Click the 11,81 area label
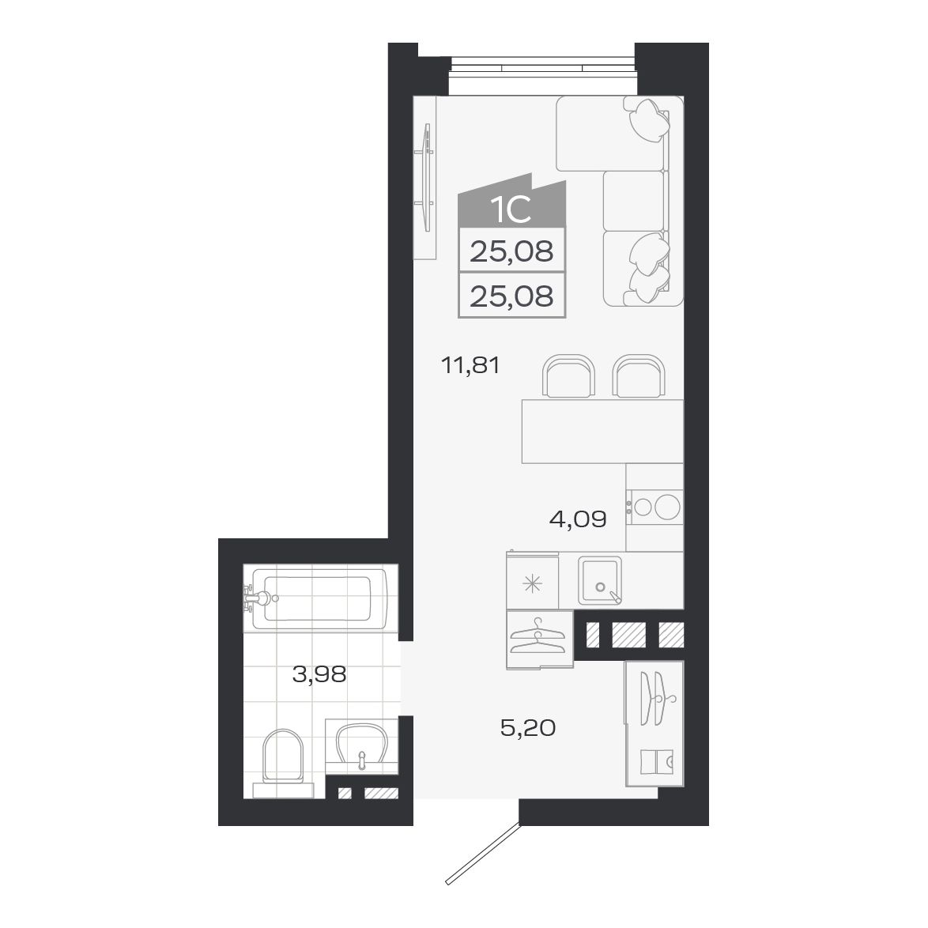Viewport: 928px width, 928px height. (471, 366)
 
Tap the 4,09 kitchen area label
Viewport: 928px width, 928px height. (577, 519)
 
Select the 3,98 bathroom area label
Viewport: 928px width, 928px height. (319, 675)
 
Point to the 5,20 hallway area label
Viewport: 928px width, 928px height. (527, 728)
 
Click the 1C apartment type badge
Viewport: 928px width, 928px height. (510, 209)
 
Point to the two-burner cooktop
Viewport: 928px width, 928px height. (655, 506)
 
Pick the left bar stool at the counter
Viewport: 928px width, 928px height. (568, 377)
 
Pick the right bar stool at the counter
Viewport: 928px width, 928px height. (638, 377)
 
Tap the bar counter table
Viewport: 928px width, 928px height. (602, 431)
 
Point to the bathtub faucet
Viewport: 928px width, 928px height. (255, 598)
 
